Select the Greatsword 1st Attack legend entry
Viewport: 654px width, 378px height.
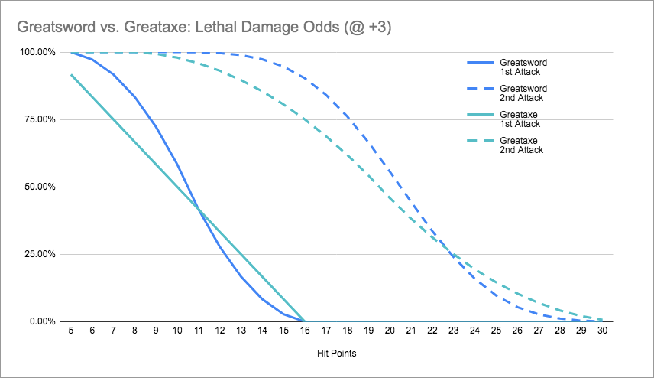click(x=523, y=67)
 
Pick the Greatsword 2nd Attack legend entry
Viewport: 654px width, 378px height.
click(x=523, y=93)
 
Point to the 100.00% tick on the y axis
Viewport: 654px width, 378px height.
click(x=37, y=52)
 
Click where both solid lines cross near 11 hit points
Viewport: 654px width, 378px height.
click(x=199, y=209)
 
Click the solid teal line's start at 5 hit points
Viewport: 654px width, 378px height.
click(x=71, y=75)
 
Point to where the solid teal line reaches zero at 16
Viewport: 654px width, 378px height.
click(x=305, y=321)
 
